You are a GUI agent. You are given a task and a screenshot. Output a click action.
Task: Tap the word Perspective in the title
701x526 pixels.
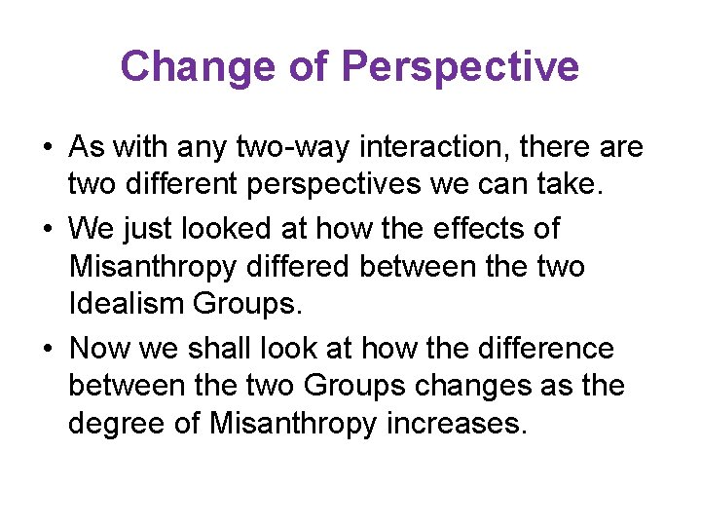click(x=461, y=67)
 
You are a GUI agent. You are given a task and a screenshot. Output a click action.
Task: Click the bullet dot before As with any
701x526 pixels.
click(x=48, y=149)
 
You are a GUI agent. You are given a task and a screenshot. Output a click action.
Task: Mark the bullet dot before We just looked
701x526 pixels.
click(x=48, y=230)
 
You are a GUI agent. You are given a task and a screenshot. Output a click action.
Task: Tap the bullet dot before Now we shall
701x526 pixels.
click(x=48, y=349)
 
